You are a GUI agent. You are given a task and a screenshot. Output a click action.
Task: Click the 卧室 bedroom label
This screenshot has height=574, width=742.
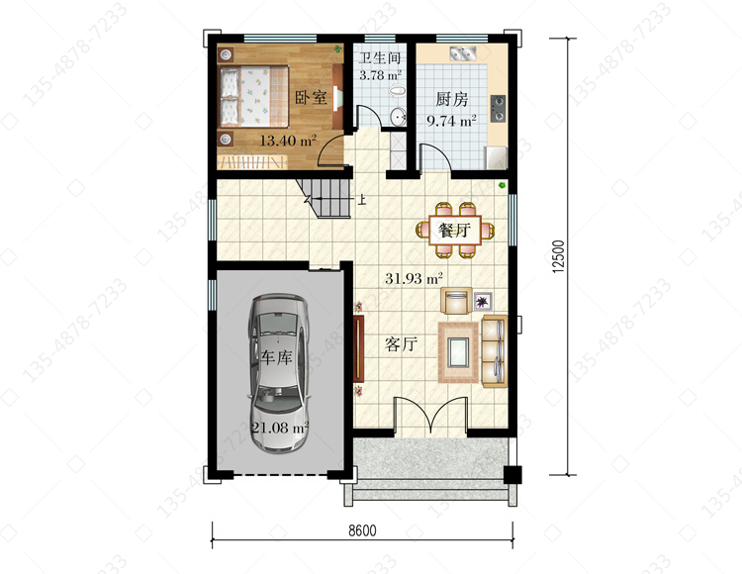pos(311,98)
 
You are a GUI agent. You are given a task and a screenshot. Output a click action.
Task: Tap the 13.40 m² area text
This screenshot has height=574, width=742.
pos(288,141)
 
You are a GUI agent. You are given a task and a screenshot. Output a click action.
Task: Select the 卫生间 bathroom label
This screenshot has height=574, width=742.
pos(380,58)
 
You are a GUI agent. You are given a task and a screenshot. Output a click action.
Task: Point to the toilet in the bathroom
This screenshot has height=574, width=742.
pos(397,90)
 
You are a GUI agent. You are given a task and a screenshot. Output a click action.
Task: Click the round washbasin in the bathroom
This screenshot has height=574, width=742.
pos(398,117)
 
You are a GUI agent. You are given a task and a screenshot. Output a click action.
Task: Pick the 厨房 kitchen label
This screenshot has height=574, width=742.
pos(451,99)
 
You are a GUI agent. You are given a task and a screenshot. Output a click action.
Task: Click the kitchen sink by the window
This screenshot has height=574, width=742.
pos(463,53)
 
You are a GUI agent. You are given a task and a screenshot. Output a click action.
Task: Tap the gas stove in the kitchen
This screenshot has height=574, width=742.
pos(498,108)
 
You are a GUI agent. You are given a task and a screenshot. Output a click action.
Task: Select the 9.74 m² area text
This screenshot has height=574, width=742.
pos(451,121)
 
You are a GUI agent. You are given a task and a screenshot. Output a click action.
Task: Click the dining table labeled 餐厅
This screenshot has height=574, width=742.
pos(455,231)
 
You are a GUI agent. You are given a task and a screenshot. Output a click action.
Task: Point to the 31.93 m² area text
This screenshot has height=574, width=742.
pos(414,278)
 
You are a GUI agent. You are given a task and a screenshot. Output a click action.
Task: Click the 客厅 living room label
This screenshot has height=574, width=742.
pos(401,344)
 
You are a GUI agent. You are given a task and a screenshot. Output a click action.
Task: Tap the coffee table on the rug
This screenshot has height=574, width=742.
pos(458,352)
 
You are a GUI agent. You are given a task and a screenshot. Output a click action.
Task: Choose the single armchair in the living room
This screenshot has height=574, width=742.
pos(456,301)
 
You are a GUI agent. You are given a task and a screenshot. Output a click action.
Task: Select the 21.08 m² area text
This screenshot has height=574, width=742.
pos(280,428)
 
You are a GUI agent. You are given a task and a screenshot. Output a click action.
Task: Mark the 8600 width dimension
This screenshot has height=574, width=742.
pos(362,530)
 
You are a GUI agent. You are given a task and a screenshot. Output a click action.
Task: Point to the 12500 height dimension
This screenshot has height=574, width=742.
pos(559,256)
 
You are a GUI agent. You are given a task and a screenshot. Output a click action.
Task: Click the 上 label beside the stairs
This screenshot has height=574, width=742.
pos(362,200)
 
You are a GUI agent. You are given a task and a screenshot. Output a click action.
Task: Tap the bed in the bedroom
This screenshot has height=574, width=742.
pos(254,96)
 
